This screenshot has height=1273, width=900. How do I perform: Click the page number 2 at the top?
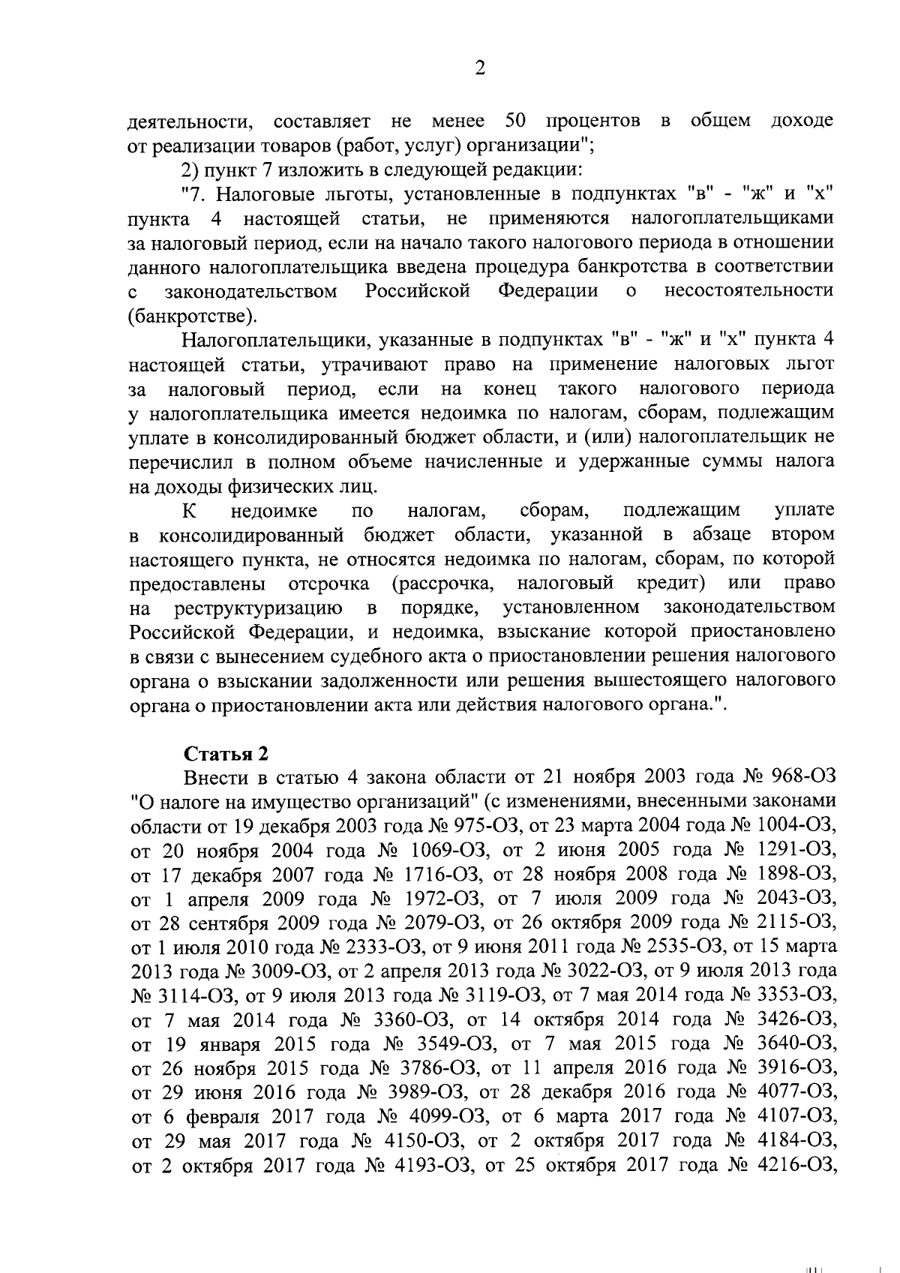480,69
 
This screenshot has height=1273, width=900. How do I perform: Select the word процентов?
593,122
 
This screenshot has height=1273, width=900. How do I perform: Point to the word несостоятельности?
749,291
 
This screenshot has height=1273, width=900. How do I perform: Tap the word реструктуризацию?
259,607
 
